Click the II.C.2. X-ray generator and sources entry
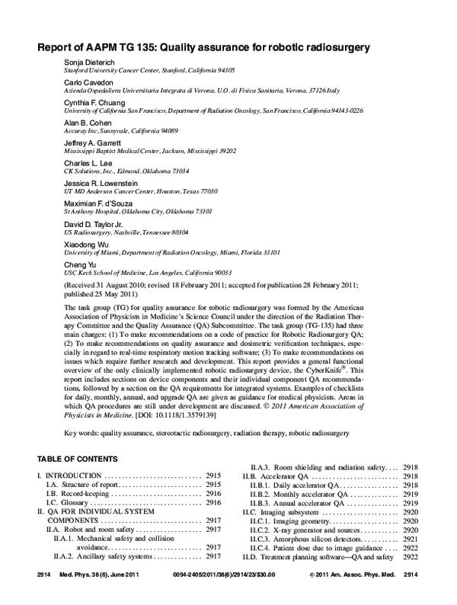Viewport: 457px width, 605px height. [x=312, y=530]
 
